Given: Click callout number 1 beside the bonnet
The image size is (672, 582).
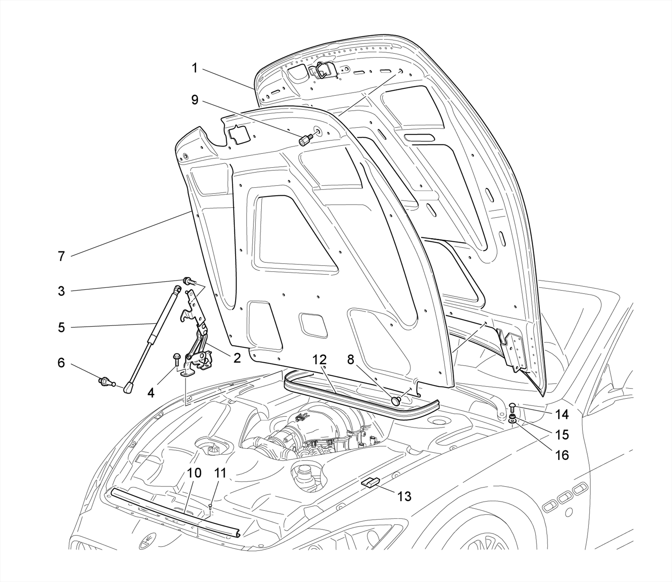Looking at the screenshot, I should pos(195,68).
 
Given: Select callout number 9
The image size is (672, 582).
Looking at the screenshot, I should pos(195,100).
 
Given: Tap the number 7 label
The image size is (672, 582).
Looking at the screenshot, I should pos(61,256).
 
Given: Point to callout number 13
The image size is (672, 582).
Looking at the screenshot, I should pos(404,496).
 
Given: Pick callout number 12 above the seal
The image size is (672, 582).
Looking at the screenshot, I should pos(319,360).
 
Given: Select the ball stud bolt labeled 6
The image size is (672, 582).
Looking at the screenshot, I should pos(104,381).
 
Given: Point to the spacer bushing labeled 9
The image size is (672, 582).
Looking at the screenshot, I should pos(304,141).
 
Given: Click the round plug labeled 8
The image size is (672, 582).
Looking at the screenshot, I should pos(396,400).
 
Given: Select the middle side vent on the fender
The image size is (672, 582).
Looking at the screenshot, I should pos(564,499).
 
